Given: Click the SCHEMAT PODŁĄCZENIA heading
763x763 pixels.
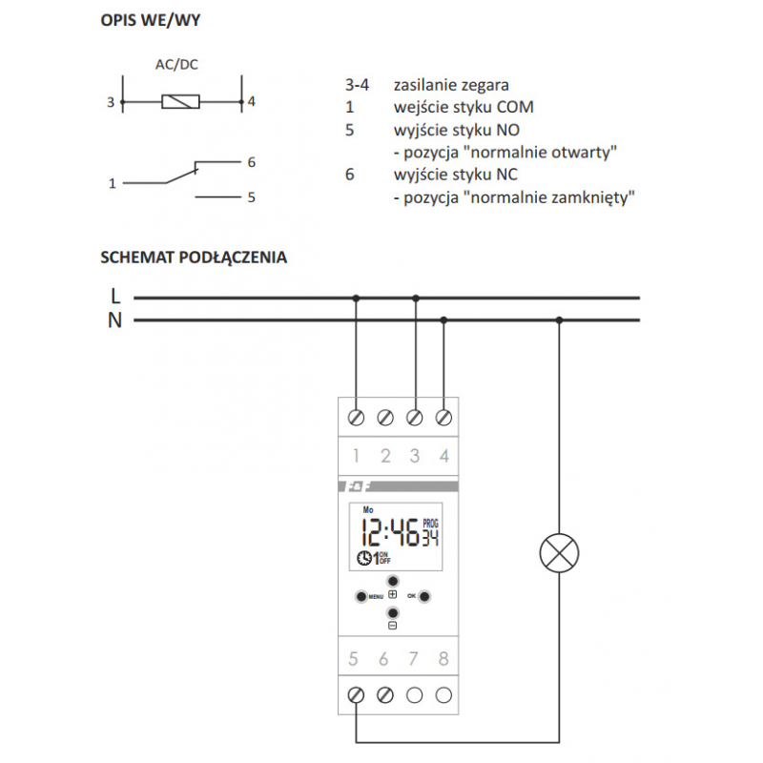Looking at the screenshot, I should [x=193, y=257].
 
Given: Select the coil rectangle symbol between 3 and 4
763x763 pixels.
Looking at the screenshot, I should [x=181, y=100].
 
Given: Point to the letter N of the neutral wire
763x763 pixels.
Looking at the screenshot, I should [x=115, y=320].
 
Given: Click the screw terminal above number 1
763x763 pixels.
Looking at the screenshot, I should [x=357, y=418].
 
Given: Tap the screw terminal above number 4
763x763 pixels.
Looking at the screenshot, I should [x=443, y=418].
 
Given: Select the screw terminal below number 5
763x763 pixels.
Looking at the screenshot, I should [x=357, y=695].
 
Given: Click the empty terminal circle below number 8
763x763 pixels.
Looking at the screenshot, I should [x=443, y=695].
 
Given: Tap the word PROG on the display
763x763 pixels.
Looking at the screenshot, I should [x=430, y=524].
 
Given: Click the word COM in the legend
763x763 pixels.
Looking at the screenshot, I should [x=515, y=107].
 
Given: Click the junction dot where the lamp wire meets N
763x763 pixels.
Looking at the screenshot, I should [x=559, y=320].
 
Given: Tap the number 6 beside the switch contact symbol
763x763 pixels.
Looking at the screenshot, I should [x=251, y=162].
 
